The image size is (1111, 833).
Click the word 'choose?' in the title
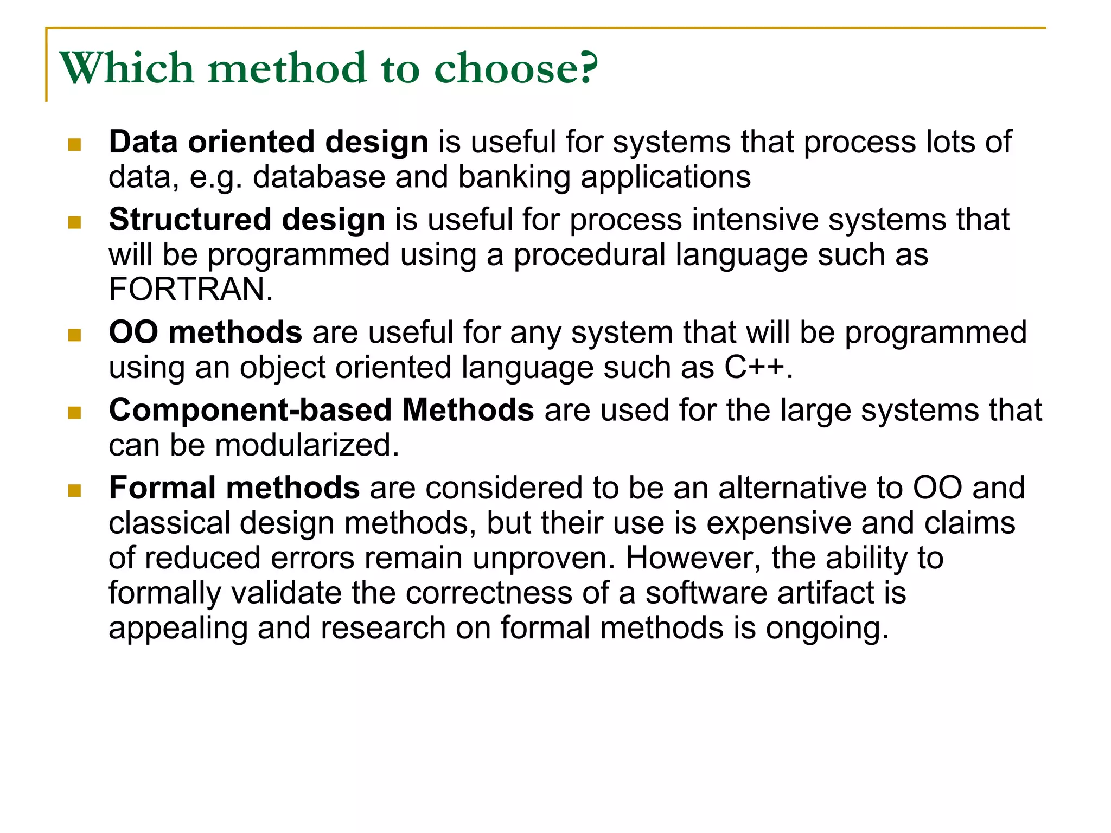click(x=516, y=68)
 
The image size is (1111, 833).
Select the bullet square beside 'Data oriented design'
click(x=75, y=145)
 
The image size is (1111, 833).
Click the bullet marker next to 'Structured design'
click(x=75, y=222)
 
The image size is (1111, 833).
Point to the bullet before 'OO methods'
click(x=75, y=335)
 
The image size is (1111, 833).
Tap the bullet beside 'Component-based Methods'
click(x=75, y=413)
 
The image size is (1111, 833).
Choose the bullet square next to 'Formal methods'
click(x=75, y=491)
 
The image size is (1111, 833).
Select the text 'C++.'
click(x=759, y=367)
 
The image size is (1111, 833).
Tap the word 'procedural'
click(x=589, y=255)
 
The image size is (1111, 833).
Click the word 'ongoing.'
click(x=827, y=628)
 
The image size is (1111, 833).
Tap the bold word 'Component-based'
click(x=251, y=410)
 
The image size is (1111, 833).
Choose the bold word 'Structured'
click(x=190, y=220)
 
